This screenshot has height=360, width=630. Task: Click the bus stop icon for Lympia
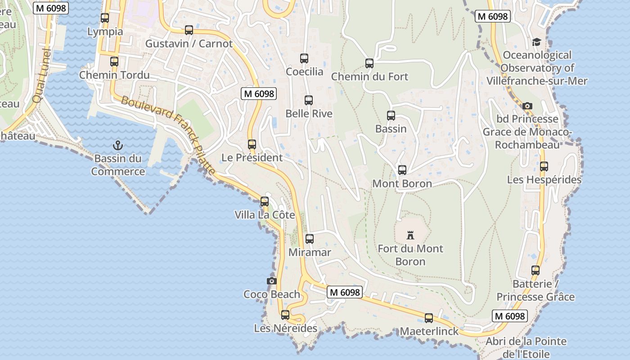(x=105, y=18)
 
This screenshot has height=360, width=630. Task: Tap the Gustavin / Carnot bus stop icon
(x=189, y=30)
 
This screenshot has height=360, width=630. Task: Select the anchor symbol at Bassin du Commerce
(x=117, y=145)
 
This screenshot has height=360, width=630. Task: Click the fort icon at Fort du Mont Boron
(x=410, y=235)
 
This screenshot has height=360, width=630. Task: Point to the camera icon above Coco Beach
(x=271, y=281)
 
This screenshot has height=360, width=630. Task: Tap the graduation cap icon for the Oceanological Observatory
(x=536, y=42)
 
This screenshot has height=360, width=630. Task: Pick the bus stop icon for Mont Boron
(x=402, y=170)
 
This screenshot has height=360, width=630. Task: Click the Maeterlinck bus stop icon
(x=429, y=318)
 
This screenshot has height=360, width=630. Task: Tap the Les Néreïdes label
(x=286, y=328)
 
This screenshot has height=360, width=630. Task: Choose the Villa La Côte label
(x=265, y=215)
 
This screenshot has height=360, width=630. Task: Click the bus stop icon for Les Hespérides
(x=544, y=166)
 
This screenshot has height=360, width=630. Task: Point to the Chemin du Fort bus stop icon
(x=369, y=63)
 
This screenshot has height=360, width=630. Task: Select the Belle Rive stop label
(x=309, y=114)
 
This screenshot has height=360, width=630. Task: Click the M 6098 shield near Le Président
(x=259, y=94)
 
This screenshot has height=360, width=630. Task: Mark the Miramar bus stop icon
(x=310, y=239)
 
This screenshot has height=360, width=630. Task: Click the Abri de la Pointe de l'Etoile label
(x=526, y=347)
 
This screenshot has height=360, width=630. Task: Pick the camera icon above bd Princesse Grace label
(x=527, y=106)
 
